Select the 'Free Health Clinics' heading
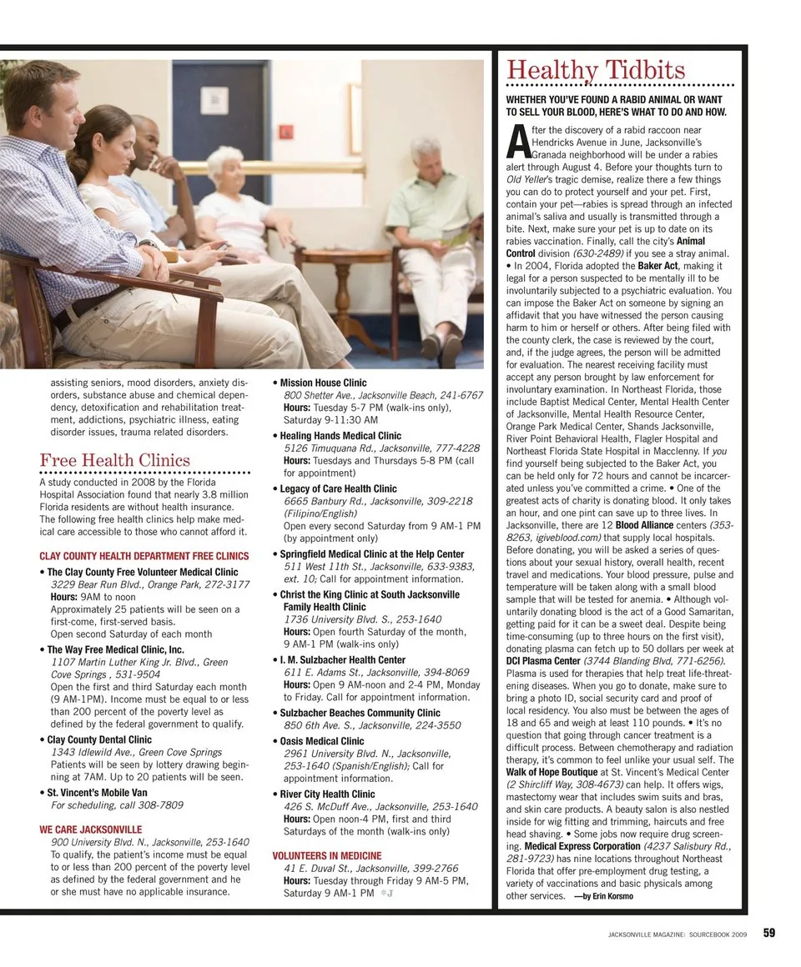114,460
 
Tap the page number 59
769,933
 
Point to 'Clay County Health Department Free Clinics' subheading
144,556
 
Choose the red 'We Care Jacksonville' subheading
90,829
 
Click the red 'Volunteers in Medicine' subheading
327,855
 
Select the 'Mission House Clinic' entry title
323,383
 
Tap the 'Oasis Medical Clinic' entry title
322,741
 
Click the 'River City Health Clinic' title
327,794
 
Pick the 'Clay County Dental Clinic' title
99,739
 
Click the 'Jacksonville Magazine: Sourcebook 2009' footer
679,934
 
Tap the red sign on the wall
286,131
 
